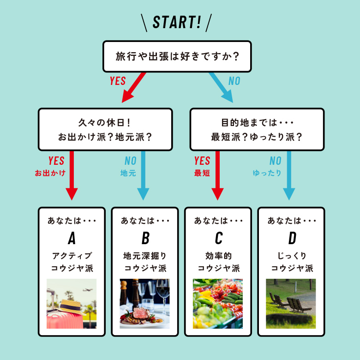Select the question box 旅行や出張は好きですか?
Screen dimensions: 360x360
(x=177, y=56)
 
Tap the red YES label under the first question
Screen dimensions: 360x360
(x=118, y=81)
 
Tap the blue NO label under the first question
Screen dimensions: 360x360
(x=234, y=81)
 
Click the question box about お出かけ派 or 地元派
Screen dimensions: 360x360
(x=105, y=130)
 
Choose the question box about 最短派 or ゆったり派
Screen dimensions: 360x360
(x=257, y=130)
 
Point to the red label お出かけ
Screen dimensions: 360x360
(x=50, y=174)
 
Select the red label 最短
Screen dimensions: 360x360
(x=202, y=174)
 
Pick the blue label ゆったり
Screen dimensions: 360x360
(x=267, y=174)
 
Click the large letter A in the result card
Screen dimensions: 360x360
(x=72, y=238)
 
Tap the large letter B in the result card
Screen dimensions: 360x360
(x=145, y=238)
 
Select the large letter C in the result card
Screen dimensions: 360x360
(x=218, y=238)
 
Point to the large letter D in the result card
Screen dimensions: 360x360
(x=292, y=238)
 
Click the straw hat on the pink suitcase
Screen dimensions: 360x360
(x=72, y=306)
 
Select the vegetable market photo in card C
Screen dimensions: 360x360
(x=218, y=304)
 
